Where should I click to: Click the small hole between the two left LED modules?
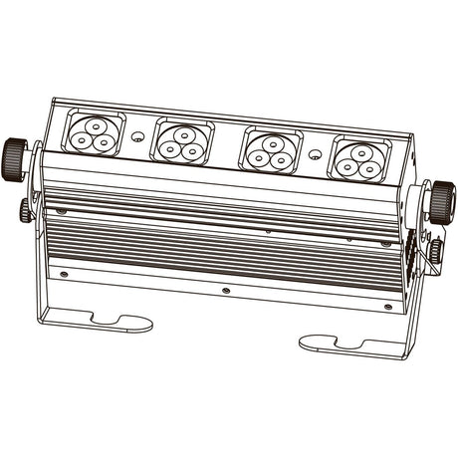click(139, 135)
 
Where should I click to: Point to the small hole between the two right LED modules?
click(316, 154)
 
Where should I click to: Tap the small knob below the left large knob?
click(24, 210)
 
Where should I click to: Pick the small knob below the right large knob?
click(435, 247)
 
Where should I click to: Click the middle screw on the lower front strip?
click(226, 290)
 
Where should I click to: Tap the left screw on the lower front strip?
click(65, 274)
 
